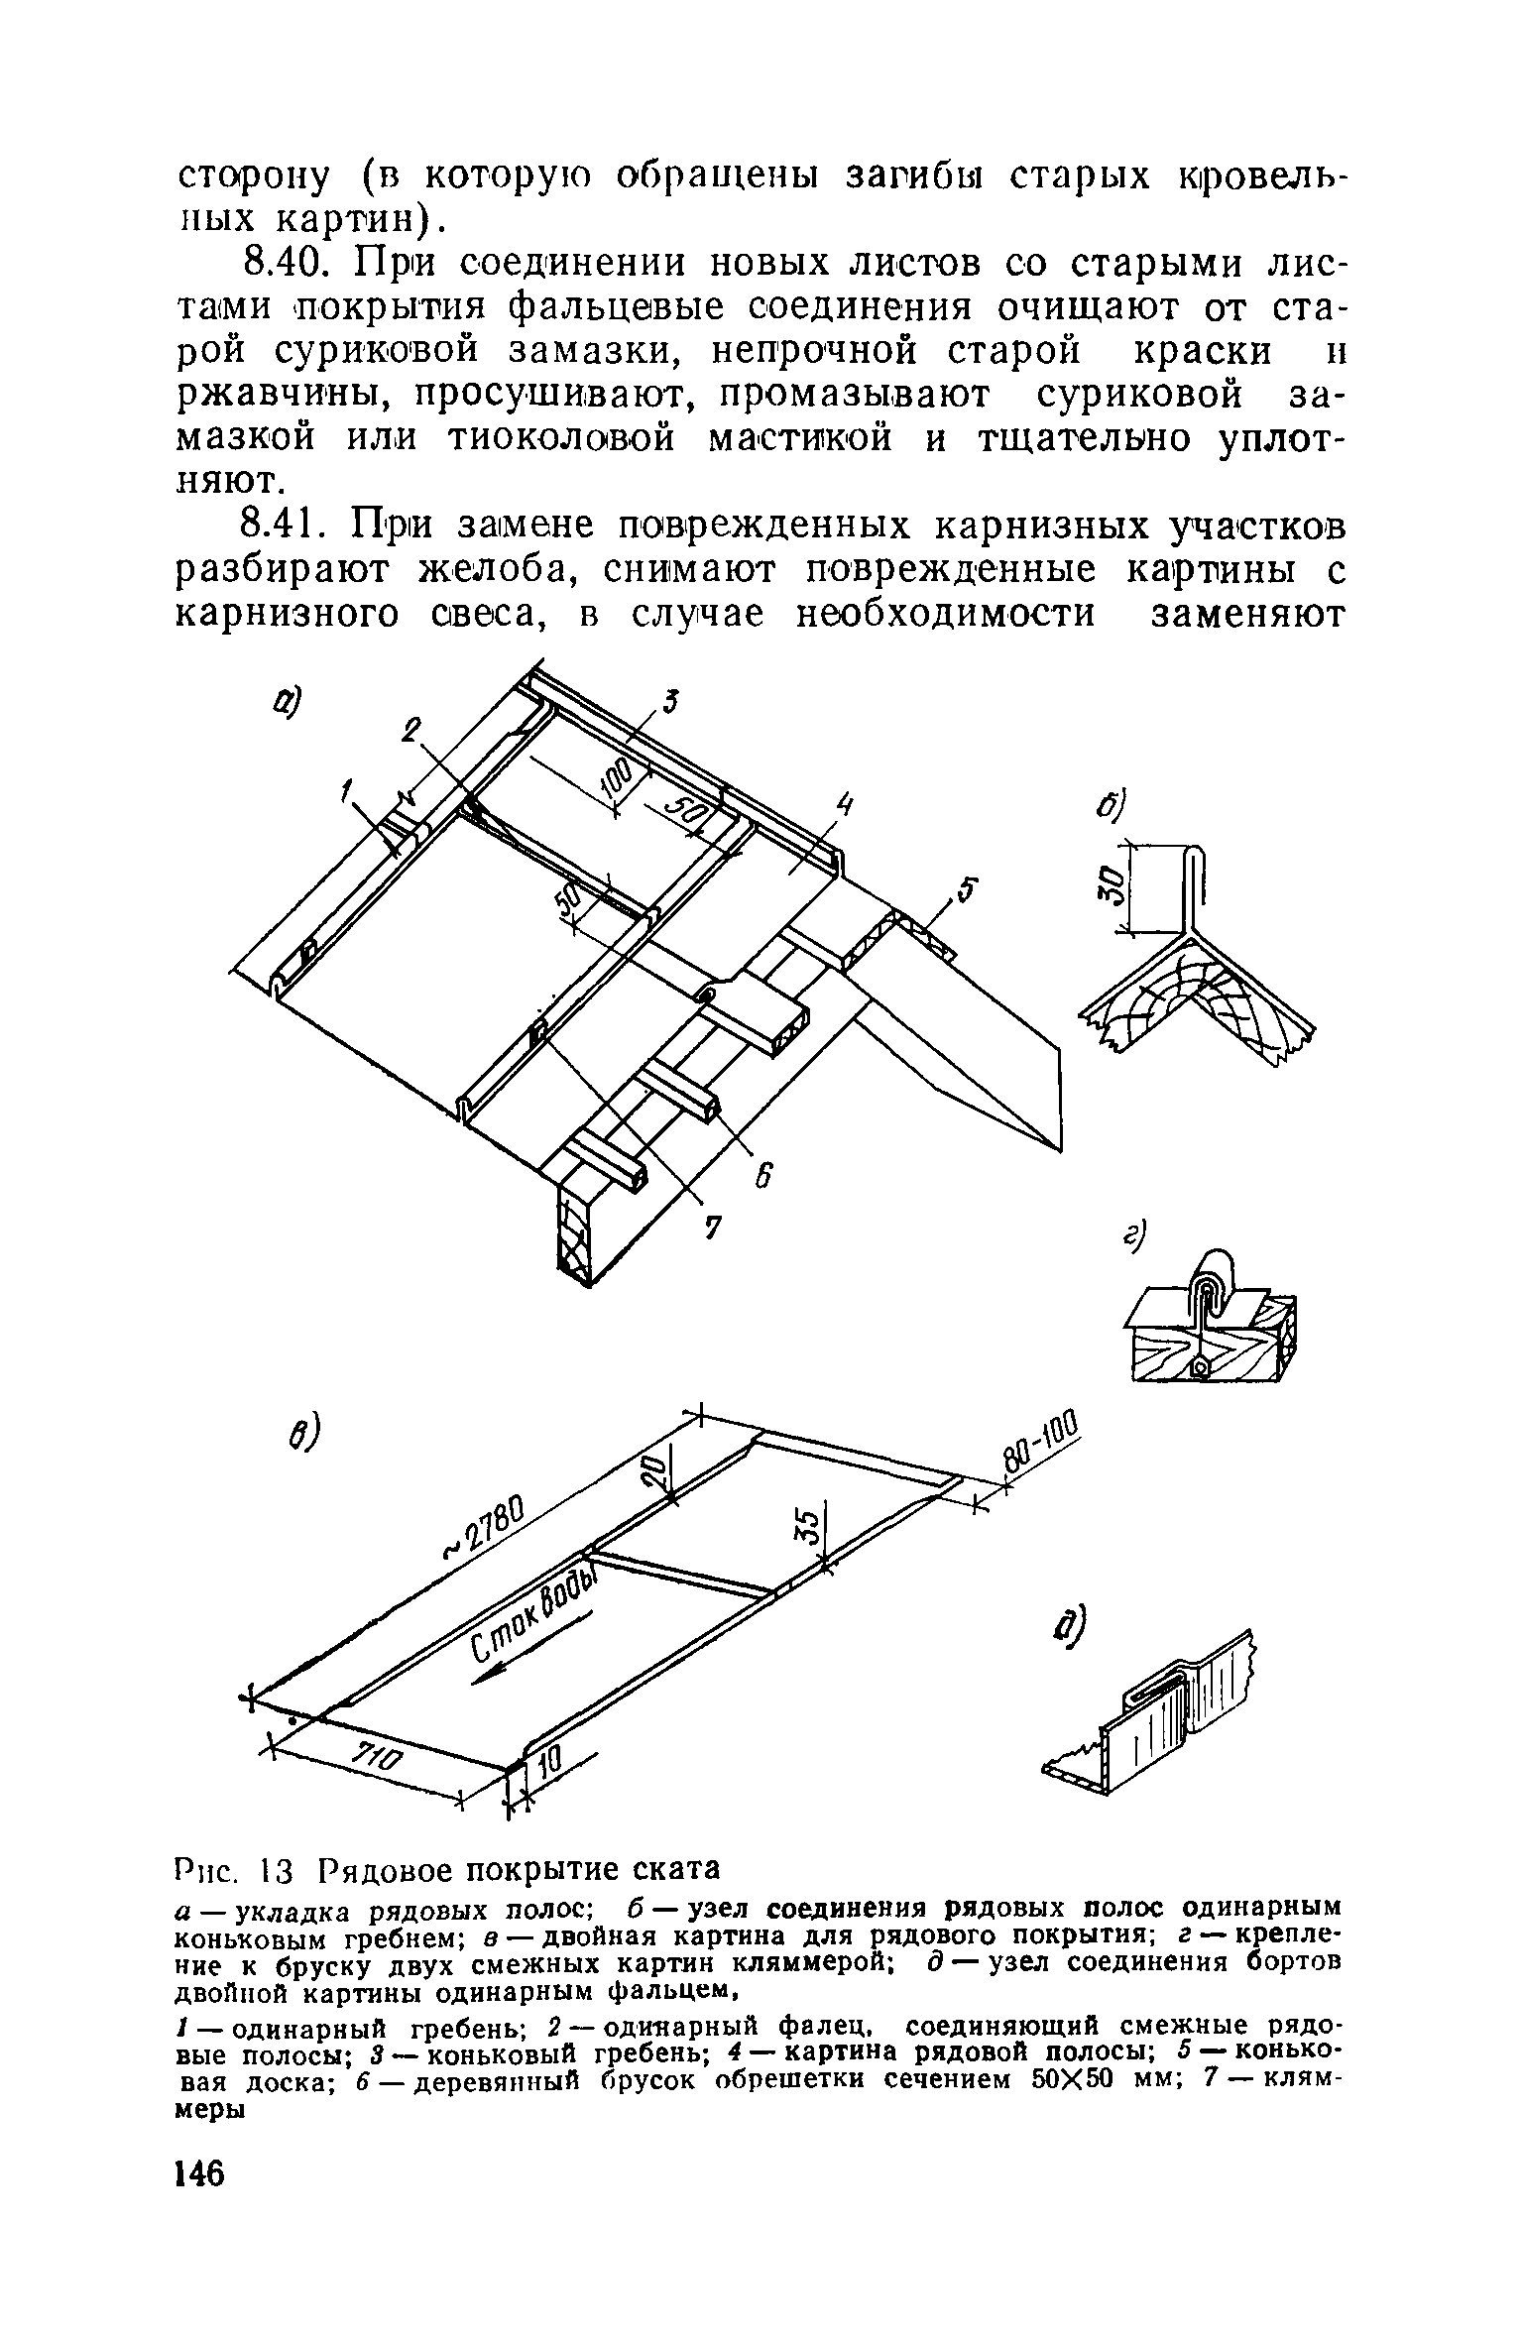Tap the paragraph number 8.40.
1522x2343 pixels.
click(285, 266)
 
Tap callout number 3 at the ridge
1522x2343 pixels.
click(671, 703)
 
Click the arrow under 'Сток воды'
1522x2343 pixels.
click(530, 1649)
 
